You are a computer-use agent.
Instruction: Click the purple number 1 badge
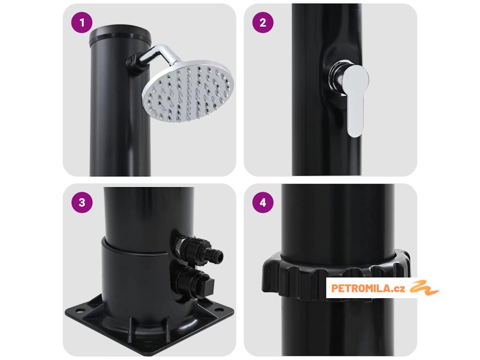click(82, 22)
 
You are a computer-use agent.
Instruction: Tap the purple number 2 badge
click(262, 22)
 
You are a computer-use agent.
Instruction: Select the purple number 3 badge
click(82, 202)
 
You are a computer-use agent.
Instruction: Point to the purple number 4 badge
click(262, 202)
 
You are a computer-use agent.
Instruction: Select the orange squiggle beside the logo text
click(424, 287)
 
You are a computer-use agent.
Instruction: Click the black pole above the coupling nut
click(337, 220)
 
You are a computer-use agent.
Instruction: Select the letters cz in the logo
click(399, 289)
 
